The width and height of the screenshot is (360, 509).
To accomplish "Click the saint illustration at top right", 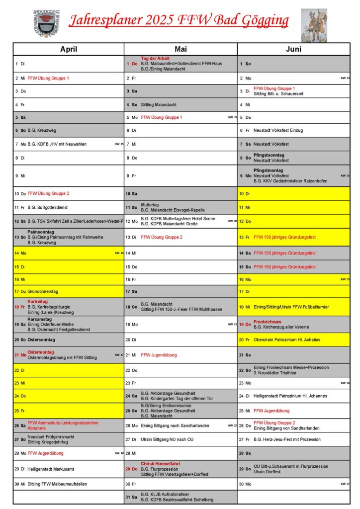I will [314, 25].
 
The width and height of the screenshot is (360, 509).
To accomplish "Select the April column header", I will [69, 49].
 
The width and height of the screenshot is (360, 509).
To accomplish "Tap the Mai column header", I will [180, 49].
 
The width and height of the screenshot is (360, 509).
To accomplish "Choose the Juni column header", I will [294, 49].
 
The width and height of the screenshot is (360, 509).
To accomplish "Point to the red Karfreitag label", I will [37, 301].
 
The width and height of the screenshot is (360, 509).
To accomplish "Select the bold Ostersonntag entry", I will [41, 339].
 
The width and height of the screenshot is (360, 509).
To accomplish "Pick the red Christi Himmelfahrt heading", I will [160, 463].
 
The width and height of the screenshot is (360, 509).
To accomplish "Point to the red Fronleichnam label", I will [268, 322].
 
